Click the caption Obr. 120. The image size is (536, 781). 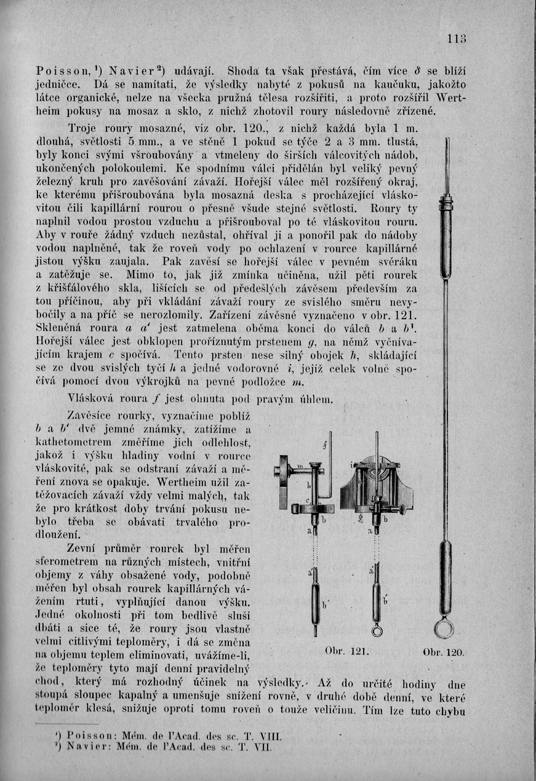(x=444, y=652)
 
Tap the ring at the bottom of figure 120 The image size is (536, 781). (x=444, y=628)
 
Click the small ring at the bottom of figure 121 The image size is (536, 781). (x=377, y=630)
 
